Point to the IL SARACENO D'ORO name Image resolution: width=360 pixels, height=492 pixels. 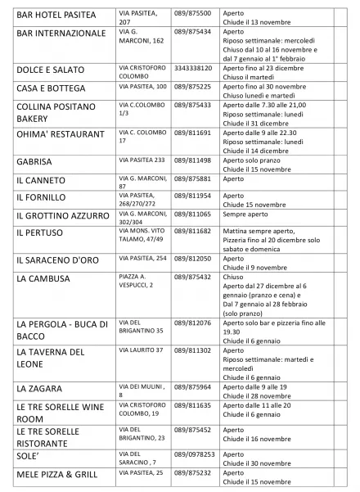coord(57,260)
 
